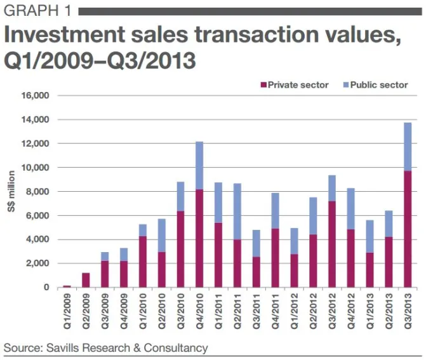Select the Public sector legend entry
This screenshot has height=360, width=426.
379,85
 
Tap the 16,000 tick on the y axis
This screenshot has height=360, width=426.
36,96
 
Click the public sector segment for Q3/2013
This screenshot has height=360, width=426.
407,147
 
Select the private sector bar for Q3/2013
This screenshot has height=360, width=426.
407,229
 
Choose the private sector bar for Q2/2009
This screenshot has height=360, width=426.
86,280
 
